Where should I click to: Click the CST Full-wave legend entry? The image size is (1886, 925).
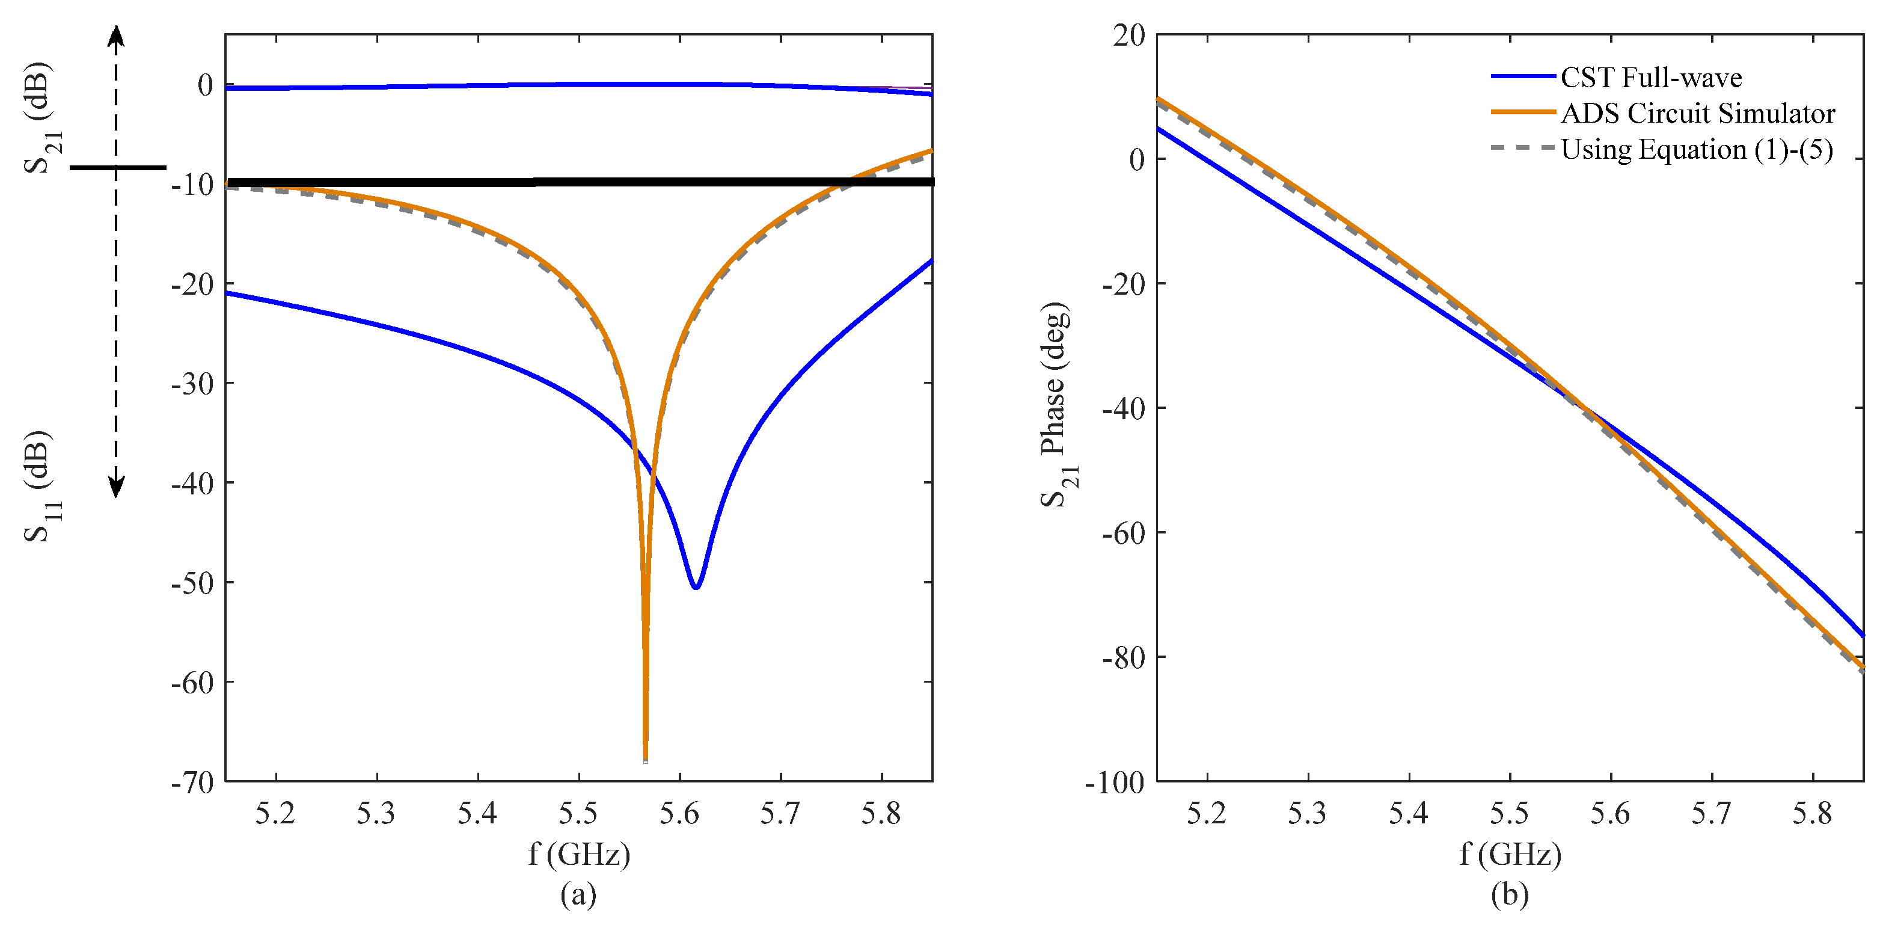click(1650, 77)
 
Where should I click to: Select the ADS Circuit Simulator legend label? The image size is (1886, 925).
click(1697, 114)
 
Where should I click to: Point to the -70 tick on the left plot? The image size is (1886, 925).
click(192, 782)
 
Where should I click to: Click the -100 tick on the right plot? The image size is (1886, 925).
click(1115, 782)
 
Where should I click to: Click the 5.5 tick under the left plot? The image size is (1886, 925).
click(578, 814)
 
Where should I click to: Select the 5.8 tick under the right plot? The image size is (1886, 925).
click(1812, 814)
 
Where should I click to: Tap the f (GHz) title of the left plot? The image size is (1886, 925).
click(578, 854)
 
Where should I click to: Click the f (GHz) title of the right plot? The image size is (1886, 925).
click(1510, 854)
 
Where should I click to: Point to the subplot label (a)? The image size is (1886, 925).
click(578, 894)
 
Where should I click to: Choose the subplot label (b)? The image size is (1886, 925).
click(1510, 894)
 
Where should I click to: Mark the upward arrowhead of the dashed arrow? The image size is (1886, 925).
click(115, 33)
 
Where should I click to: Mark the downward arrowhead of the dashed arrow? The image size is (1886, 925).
click(115, 488)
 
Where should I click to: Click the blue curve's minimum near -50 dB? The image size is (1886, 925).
click(696, 586)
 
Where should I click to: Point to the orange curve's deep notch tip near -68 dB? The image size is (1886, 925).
click(645, 760)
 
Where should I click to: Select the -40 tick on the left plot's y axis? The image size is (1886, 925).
click(192, 482)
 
